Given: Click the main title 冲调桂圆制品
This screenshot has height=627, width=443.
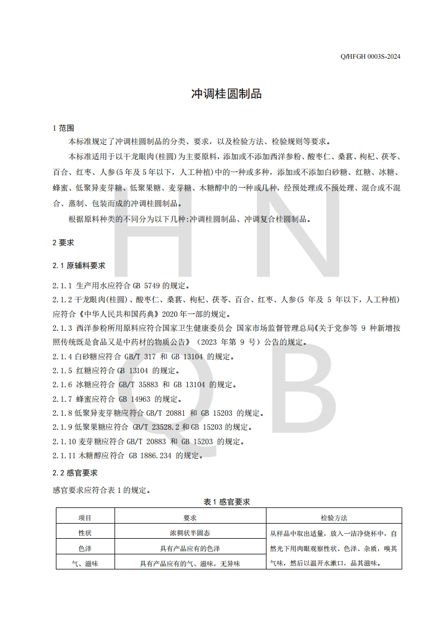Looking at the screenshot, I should [x=226, y=93].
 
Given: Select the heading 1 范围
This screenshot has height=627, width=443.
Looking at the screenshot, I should [x=63, y=127].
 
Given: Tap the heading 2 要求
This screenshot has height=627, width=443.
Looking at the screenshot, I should [x=63, y=243].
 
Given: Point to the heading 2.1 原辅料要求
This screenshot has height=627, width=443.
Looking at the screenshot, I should [x=79, y=265].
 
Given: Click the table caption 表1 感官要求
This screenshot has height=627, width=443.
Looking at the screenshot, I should [x=227, y=502].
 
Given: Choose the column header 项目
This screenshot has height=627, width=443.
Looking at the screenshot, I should [x=85, y=518].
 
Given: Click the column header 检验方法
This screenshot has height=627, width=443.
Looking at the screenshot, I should [x=334, y=518].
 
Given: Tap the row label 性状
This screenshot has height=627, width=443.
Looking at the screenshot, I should [x=85, y=533].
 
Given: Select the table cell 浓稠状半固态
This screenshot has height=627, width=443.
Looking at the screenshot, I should [x=190, y=533].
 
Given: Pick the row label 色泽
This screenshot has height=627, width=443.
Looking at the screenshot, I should [x=85, y=549].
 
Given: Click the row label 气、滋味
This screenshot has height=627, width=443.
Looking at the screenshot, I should [x=85, y=564].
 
